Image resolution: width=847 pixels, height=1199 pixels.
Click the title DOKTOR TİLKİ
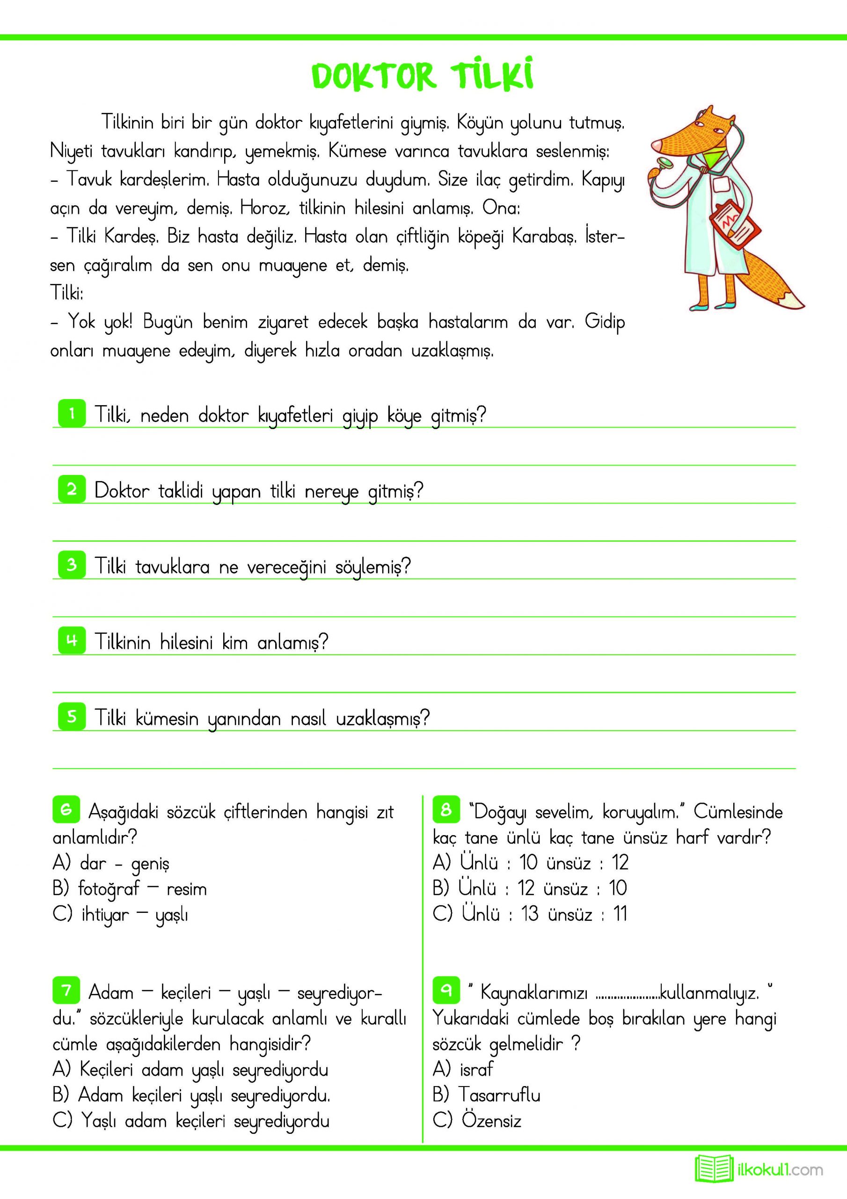click(x=423, y=76)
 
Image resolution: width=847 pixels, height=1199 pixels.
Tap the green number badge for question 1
click(x=72, y=414)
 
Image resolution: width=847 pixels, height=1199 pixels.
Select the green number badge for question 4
click(x=72, y=640)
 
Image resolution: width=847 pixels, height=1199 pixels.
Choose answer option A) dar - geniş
click(x=111, y=864)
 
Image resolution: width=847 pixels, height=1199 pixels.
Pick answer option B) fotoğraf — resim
click(x=130, y=889)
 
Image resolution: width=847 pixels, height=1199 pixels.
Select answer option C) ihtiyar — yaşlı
click(x=121, y=914)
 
